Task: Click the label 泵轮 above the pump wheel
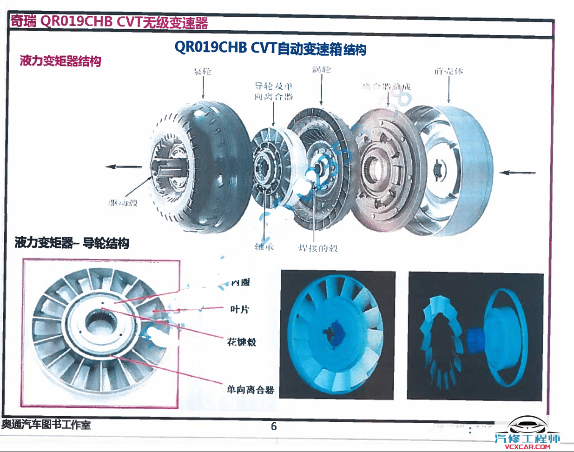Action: (202, 71)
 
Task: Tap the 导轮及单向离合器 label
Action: (274, 91)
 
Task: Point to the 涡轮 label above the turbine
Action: (321, 70)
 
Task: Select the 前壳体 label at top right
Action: (449, 71)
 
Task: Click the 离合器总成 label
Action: (387, 86)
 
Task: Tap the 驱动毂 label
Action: (123, 203)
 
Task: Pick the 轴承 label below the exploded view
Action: (264, 247)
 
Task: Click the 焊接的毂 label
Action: (318, 248)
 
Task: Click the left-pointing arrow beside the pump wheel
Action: (124, 167)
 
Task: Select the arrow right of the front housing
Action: (517, 173)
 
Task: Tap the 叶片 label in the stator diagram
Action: (240, 309)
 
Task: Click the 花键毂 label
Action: (242, 342)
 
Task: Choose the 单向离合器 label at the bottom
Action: (250, 390)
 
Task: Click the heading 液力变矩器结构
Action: (60, 61)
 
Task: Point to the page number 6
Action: (274, 426)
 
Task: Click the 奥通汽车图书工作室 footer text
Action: (46, 425)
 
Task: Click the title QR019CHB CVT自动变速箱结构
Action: (271, 48)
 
